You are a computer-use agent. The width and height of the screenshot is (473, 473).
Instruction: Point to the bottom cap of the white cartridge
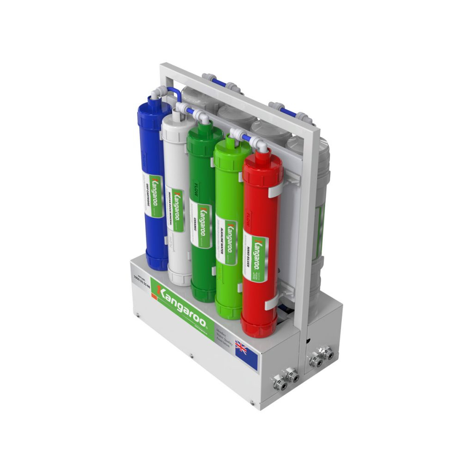point(179,278)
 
